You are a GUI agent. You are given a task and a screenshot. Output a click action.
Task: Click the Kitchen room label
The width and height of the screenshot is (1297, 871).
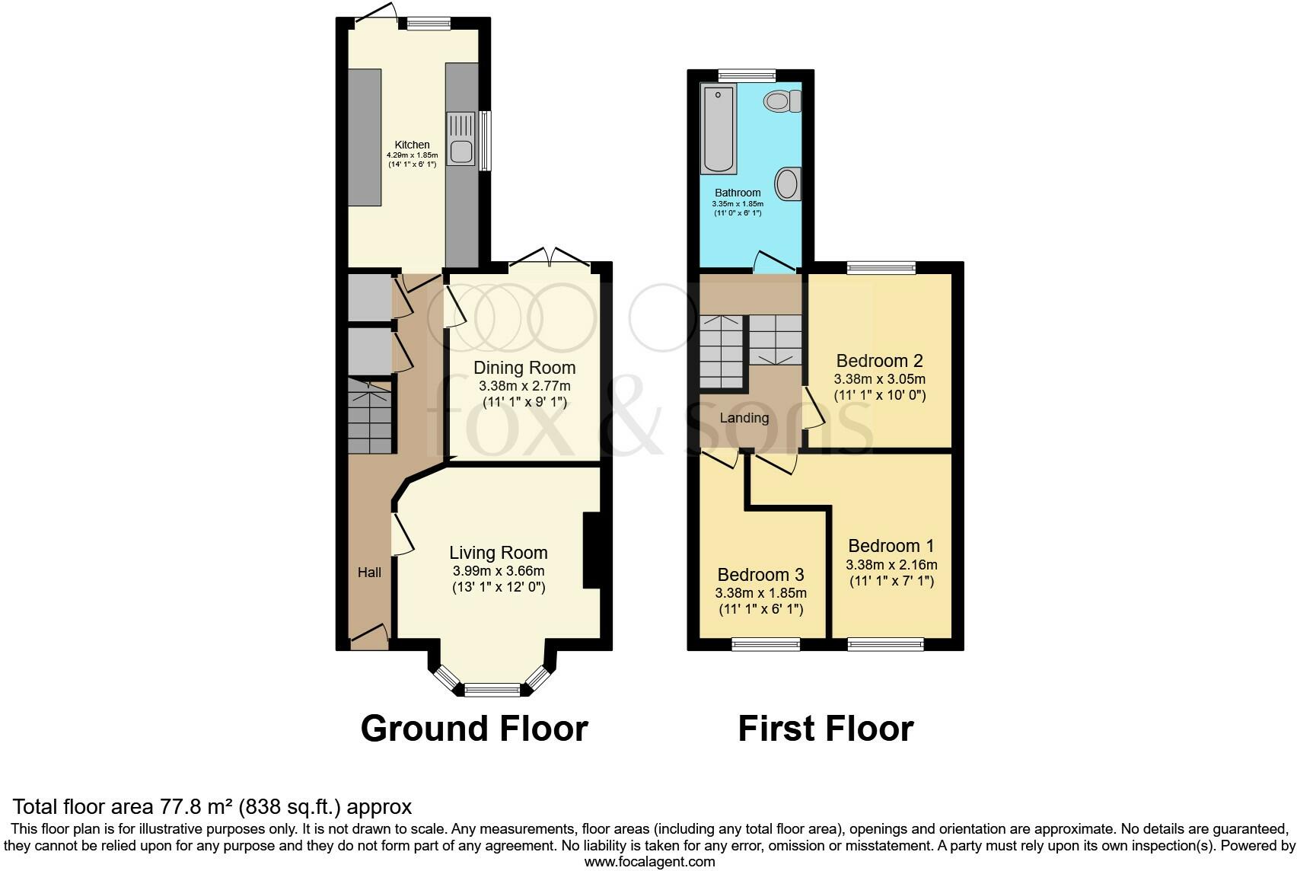[x=412, y=145]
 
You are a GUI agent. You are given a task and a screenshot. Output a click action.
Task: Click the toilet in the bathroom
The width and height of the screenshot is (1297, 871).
[x=782, y=101]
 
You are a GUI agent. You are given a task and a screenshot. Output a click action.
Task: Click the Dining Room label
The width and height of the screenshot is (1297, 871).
[x=524, y=368]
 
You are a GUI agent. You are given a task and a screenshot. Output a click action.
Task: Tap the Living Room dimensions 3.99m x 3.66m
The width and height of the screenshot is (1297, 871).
[x=498, y=571]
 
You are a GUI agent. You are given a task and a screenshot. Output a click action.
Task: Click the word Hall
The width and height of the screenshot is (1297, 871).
[x=369, y=572]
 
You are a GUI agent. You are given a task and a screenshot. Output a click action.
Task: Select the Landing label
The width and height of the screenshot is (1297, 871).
[x=744, y=418]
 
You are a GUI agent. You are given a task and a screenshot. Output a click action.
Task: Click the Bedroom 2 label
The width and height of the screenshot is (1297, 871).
[x=879, y=360]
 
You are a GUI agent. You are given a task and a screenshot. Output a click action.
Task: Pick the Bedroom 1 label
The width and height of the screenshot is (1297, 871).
[x=891, y=546]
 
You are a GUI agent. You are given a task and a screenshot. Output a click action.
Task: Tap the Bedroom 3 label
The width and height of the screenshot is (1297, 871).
[x=760, y=574]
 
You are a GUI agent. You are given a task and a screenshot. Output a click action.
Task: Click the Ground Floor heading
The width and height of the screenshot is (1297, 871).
[x=474, y=729]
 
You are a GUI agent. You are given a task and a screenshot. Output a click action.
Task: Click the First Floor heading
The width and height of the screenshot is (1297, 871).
[x=825, y=729]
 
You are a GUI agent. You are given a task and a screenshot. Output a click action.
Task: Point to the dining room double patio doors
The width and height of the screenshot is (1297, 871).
[x=550, y=259]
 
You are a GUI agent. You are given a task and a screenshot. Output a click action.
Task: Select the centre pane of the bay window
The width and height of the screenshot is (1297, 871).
[x=492, y=691]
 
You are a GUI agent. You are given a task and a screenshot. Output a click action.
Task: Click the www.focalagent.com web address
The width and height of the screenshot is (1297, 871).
[x=649, y=862]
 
